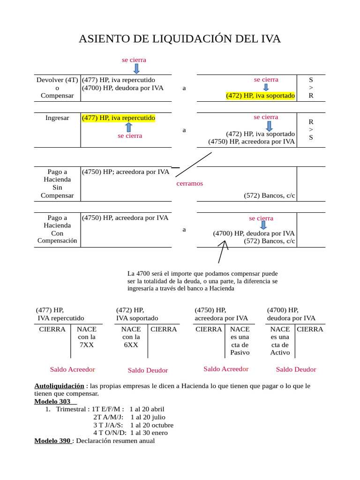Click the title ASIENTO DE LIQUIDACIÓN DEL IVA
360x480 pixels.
coord(180,39)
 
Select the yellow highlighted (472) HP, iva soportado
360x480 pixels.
coord(260,96)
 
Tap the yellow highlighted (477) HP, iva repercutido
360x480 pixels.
coord(118,118)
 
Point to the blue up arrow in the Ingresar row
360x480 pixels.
coord(129,127)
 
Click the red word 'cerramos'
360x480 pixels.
coord(189,183)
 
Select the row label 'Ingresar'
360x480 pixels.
coord(57,118)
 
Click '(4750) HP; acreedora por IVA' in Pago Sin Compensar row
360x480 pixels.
coord(125,172)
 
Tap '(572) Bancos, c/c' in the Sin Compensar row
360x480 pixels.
coord(270,195)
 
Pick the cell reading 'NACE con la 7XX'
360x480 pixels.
coord(86,337)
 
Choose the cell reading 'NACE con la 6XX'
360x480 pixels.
coord(131,337)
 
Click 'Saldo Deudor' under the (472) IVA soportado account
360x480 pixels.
coord(148,370)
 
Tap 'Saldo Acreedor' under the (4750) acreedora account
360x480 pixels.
coord(226,369)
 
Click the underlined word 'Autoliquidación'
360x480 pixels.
coord(55,386)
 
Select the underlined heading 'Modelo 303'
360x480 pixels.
coord(52,401)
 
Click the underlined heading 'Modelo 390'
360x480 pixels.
coord(53,441)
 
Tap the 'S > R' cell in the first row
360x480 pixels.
coord(310,88)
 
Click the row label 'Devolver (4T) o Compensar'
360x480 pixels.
coord(57,88)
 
